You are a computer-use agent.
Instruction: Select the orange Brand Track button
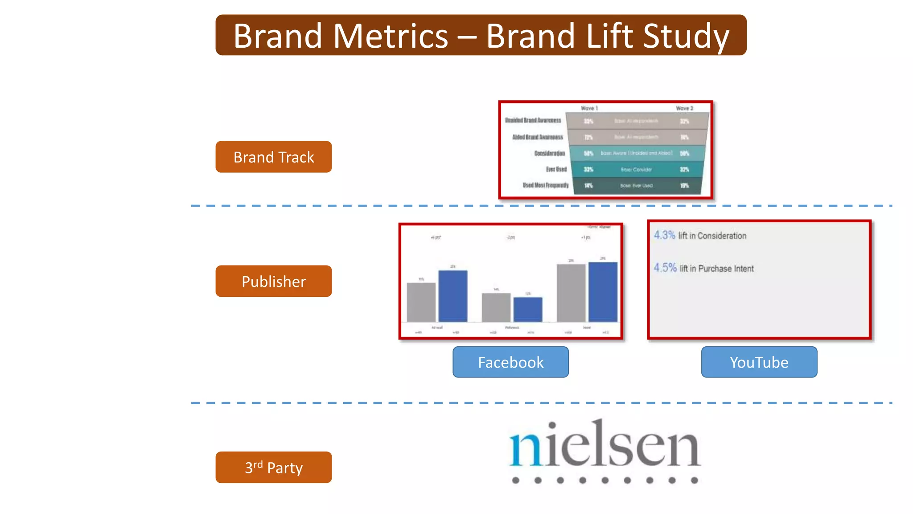[274, 157]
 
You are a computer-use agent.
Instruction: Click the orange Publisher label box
[274, 282]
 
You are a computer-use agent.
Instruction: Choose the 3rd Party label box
[274, 468]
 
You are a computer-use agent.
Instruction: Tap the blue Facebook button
[510, 362]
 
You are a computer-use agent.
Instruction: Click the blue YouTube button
[759, 362]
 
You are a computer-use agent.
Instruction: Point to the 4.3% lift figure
[664, 235]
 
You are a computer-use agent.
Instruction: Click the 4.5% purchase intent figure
[665, 268]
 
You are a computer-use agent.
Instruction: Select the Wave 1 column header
[589, 108]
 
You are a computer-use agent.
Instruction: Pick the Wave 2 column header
[684, 108]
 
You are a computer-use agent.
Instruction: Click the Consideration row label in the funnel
[549, 153]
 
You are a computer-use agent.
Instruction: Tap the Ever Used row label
[556, 170]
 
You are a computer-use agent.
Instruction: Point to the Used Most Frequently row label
[546, 185]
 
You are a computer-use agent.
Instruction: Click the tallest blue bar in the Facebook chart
[603, 292]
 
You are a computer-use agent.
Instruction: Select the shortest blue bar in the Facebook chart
[528, 310]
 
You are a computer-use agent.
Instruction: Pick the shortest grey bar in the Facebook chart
[496, 307]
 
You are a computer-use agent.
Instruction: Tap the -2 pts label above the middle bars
[510, 237]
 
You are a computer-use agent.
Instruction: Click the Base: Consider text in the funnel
[636, 170]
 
